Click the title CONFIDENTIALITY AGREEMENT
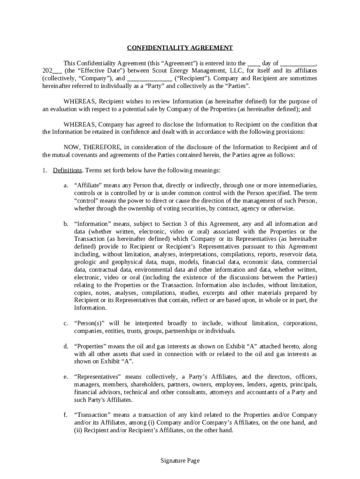point(180,48)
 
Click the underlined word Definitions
point(67,170)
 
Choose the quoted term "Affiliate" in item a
point(89,186)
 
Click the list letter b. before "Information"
point(66,224)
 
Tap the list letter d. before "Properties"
point(66,347)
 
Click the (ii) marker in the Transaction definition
point(79,430)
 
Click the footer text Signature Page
point(180,461)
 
